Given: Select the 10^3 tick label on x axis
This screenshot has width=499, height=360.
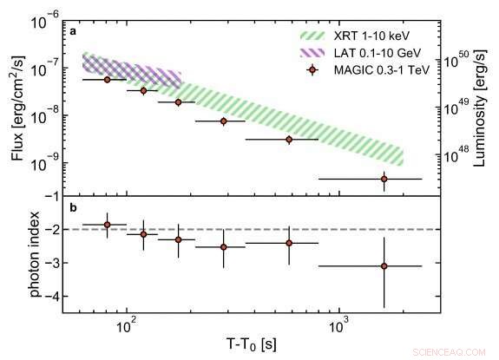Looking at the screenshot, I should coord(340,324).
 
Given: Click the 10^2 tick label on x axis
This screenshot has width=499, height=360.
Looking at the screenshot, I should coord(127,324).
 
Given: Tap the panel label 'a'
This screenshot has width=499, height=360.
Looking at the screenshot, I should coord(75,32).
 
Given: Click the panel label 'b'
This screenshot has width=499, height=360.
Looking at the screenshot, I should coord(75,208).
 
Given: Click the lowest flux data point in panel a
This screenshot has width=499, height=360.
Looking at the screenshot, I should coord(384,179).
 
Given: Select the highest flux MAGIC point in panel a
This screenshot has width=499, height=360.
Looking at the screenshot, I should coord(107,79).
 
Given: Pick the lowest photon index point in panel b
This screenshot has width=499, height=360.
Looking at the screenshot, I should coord(384,266).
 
